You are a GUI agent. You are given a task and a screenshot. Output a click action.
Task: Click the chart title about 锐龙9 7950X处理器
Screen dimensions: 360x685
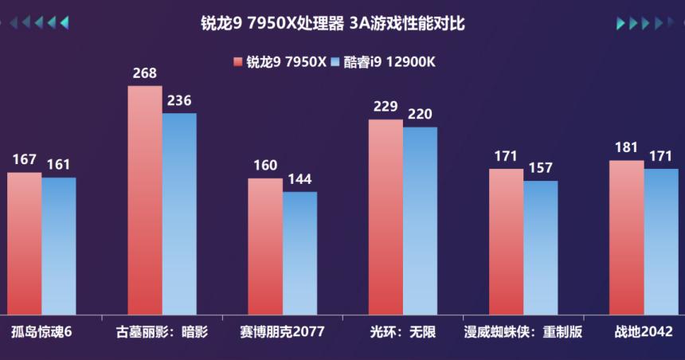[332, 24]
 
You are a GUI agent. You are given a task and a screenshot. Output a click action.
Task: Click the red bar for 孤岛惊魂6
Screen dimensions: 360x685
[24, 243]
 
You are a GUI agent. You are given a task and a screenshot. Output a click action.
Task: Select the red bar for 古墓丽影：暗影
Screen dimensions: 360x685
[145, 199]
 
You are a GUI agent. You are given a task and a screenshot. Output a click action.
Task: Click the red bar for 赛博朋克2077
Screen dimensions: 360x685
[265, 246]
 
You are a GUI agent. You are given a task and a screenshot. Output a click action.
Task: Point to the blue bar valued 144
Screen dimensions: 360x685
[299, 252]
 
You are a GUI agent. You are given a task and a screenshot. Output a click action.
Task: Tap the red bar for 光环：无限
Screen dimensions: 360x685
[386, 217]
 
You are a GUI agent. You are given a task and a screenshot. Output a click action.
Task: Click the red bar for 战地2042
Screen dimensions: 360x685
[626, 237]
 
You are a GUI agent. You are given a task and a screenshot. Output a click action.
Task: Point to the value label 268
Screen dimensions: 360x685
[145, 73]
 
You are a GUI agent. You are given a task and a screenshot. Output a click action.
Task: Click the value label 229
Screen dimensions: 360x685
[386, 107]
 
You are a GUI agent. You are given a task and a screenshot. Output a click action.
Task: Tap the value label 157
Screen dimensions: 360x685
[540, 168]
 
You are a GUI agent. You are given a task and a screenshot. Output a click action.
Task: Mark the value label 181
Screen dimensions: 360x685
[626, 147]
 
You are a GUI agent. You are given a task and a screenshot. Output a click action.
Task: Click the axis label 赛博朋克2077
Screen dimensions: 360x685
[282, 332]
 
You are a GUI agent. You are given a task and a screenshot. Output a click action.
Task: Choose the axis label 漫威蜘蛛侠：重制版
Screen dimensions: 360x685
[523, 332]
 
